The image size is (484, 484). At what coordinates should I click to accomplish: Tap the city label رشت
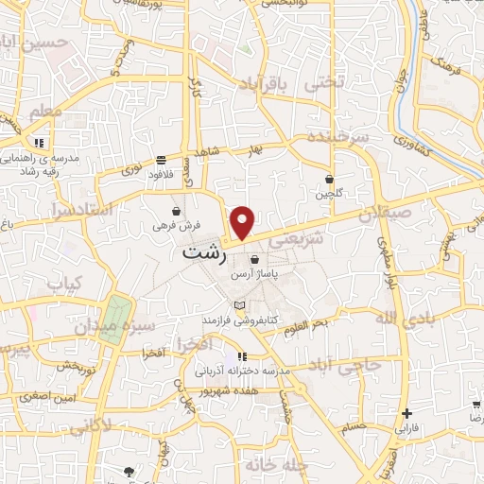point(201,255)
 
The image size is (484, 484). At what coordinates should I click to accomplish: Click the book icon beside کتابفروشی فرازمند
point(239,304)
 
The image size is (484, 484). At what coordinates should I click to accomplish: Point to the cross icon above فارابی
point(406,413)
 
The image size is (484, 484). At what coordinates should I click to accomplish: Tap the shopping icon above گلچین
point(329,178)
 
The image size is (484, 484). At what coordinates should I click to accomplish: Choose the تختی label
point(324,82)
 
